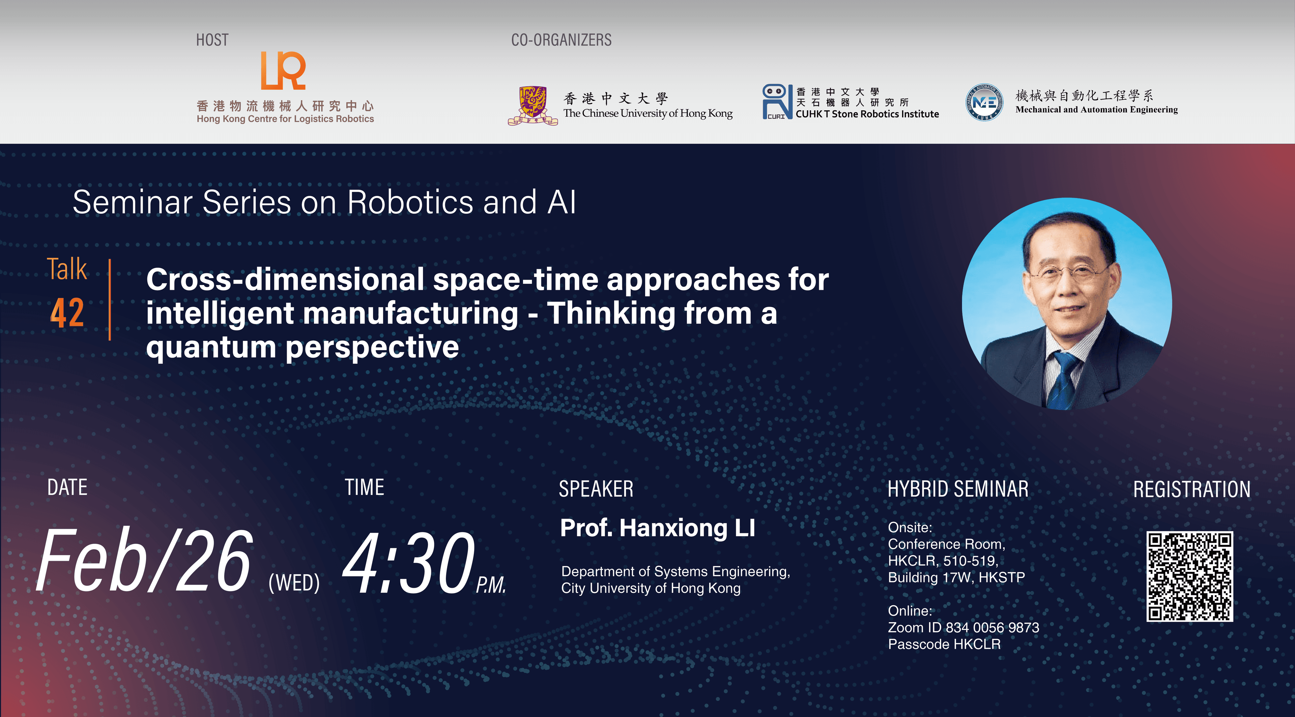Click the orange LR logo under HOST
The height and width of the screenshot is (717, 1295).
pos(283,71)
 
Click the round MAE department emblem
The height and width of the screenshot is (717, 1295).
pos(984,102)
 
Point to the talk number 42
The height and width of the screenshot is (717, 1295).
pos(67,313)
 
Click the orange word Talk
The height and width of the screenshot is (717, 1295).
pos(67,269)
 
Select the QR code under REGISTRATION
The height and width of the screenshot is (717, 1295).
pos(1189,576)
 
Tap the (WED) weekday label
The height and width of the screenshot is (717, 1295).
pos(294,583)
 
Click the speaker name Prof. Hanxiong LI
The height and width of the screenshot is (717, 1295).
pos(657,528)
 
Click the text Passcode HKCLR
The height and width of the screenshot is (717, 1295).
pos(944,644)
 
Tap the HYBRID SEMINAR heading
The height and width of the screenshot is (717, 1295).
pos(958,489)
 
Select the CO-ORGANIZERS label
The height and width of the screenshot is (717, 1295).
pos(561,40)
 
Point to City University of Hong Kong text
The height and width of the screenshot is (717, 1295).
pos(651,588)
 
